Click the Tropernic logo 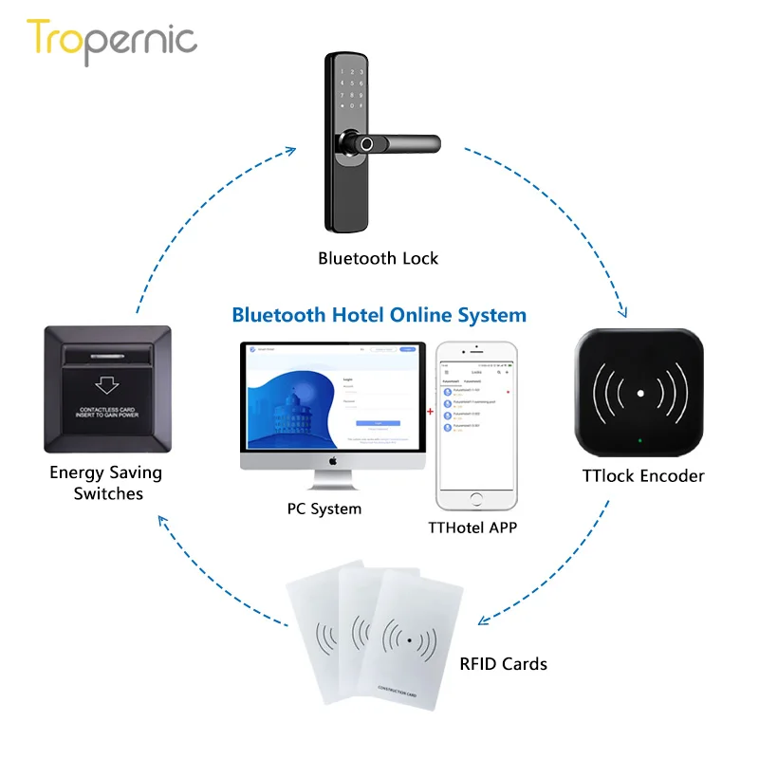coord(112,40)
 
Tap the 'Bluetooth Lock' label coord(379,258)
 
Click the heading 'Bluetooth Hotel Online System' coord(379,314)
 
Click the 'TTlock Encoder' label coord(643,476)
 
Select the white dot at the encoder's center coord(640,393)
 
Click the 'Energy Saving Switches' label coord(106,482)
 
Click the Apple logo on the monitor coord(333,459)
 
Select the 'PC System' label coord(324,509)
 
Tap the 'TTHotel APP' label coord(476,527)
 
